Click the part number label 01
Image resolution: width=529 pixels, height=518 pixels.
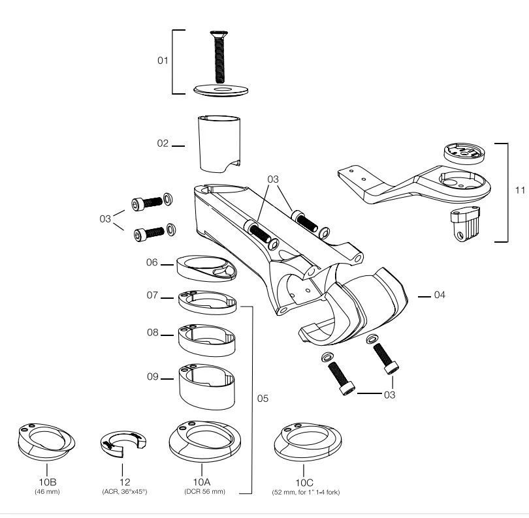(163, 60)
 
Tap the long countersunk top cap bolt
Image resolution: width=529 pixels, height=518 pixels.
(219, 57)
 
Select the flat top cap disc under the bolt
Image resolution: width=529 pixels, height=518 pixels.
(221, 90)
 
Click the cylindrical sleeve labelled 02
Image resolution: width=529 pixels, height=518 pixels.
(219, 144)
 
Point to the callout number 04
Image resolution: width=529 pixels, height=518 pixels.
(440, 295)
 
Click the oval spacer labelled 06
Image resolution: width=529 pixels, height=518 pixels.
(206, 268)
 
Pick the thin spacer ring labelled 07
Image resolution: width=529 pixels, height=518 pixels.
(207, 302)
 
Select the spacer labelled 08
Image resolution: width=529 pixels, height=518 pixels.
(207, 340)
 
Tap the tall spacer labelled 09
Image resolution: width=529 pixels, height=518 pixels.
(207, 386)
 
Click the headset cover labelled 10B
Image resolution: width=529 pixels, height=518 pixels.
(46, 442)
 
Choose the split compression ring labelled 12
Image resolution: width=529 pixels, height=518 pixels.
(123, 444)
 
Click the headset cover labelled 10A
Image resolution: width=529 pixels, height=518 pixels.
(205, 441)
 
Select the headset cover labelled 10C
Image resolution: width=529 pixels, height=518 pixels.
(308, 442)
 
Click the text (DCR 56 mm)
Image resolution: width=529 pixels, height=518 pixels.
(205, 491)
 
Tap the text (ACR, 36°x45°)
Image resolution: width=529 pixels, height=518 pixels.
(125, 491)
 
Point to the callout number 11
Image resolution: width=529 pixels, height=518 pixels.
(520, 190)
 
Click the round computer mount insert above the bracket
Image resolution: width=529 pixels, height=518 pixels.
(464, 154)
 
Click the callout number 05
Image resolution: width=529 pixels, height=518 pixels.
(263, 399)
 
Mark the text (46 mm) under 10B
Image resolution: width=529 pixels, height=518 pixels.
(47, 491)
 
